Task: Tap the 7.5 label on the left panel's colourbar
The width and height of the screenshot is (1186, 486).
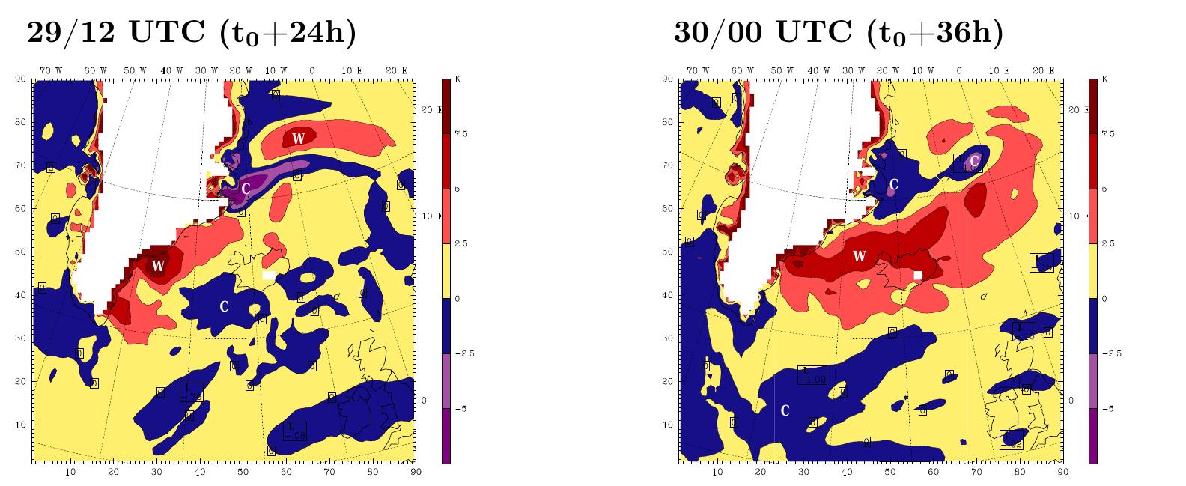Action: point(461,134)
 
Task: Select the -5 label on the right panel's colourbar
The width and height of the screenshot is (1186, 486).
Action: point(1108,409)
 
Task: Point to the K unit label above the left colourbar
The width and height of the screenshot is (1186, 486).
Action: point(456,79)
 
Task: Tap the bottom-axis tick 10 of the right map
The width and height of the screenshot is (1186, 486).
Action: point(717,473)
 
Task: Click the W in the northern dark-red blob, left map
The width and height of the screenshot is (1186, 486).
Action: point(298,138)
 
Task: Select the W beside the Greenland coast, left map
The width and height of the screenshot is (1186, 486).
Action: point(157,266)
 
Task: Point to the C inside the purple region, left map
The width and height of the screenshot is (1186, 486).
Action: point(246,189)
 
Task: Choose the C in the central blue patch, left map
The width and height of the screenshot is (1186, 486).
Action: point(223,307)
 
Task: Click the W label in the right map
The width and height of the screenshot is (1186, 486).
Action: point(859,257)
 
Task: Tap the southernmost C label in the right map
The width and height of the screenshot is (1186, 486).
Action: point(785,410)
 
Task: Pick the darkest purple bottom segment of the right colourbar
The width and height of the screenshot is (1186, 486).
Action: point(1092,436)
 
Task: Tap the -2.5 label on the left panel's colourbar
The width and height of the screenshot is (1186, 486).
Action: point(463,353)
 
